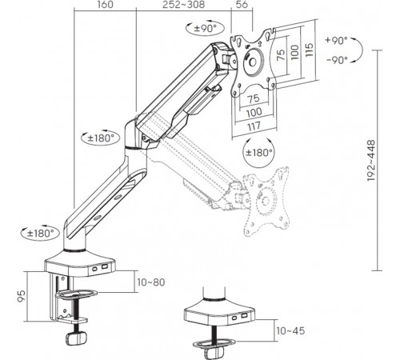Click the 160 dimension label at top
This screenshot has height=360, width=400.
pos(105,5)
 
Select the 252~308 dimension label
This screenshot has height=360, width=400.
pos(184,5)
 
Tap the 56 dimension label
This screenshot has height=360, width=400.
pos(242,5)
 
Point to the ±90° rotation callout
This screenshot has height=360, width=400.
pos(206,28)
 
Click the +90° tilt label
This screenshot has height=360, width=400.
pos(337,41)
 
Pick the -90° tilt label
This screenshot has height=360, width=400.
pos(338,60)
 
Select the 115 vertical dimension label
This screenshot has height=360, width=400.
pos(309,50)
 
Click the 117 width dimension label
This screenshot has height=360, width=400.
pos(254,126)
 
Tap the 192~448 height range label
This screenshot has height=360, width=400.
pos(371,161)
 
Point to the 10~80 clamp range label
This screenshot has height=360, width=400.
pos(151,282)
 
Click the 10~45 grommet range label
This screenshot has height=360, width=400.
pos(290,331)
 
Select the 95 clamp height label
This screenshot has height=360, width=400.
pos(22,296)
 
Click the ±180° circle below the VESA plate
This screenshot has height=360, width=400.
pos(258,153)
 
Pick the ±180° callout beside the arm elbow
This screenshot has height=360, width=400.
pos(101,138)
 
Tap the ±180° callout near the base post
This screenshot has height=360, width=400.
pos(40,233)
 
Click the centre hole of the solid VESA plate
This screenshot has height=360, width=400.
pos(252,62)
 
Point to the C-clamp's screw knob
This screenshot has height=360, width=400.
pos(76,338)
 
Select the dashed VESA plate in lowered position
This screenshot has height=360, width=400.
pos(266,202)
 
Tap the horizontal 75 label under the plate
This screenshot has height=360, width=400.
pos(254,99)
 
